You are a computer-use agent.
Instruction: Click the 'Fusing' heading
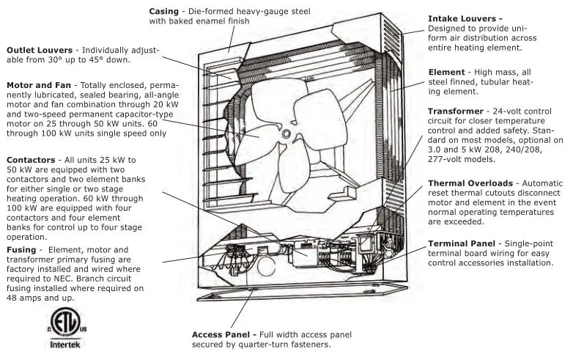pos(21,250)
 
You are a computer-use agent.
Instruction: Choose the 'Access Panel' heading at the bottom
pos(223,334)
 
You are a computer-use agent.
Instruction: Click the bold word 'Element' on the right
pos(446,73)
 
